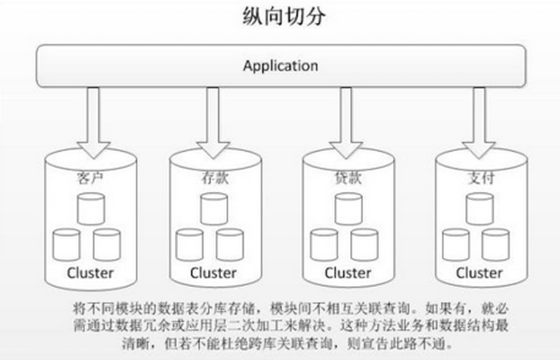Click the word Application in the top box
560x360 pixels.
pos(281,66)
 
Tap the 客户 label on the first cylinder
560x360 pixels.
pos(91,178)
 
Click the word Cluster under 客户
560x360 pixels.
pos(91,272)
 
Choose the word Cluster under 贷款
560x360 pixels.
pos(347,272)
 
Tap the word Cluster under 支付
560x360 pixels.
pos(479,272)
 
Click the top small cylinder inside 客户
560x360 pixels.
pos(91,208)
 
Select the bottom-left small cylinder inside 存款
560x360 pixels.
pos(189,244)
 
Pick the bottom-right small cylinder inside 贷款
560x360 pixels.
pos(364,244)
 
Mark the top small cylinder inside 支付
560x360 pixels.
pos(479,208)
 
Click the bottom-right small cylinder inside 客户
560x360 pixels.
pos(107,244)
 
